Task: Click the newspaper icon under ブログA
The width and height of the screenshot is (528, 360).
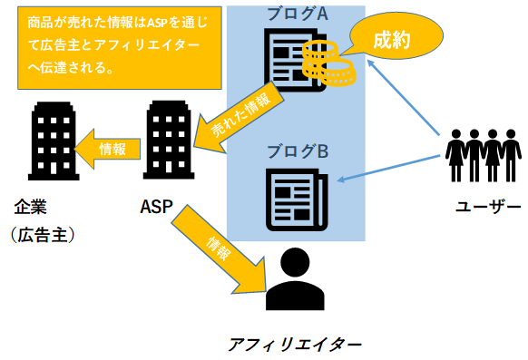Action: click(x=290, y=59)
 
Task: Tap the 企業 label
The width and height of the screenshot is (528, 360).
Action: click(x=29, y=207)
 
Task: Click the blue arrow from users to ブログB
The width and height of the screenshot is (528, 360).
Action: click(x=390, y=168)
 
